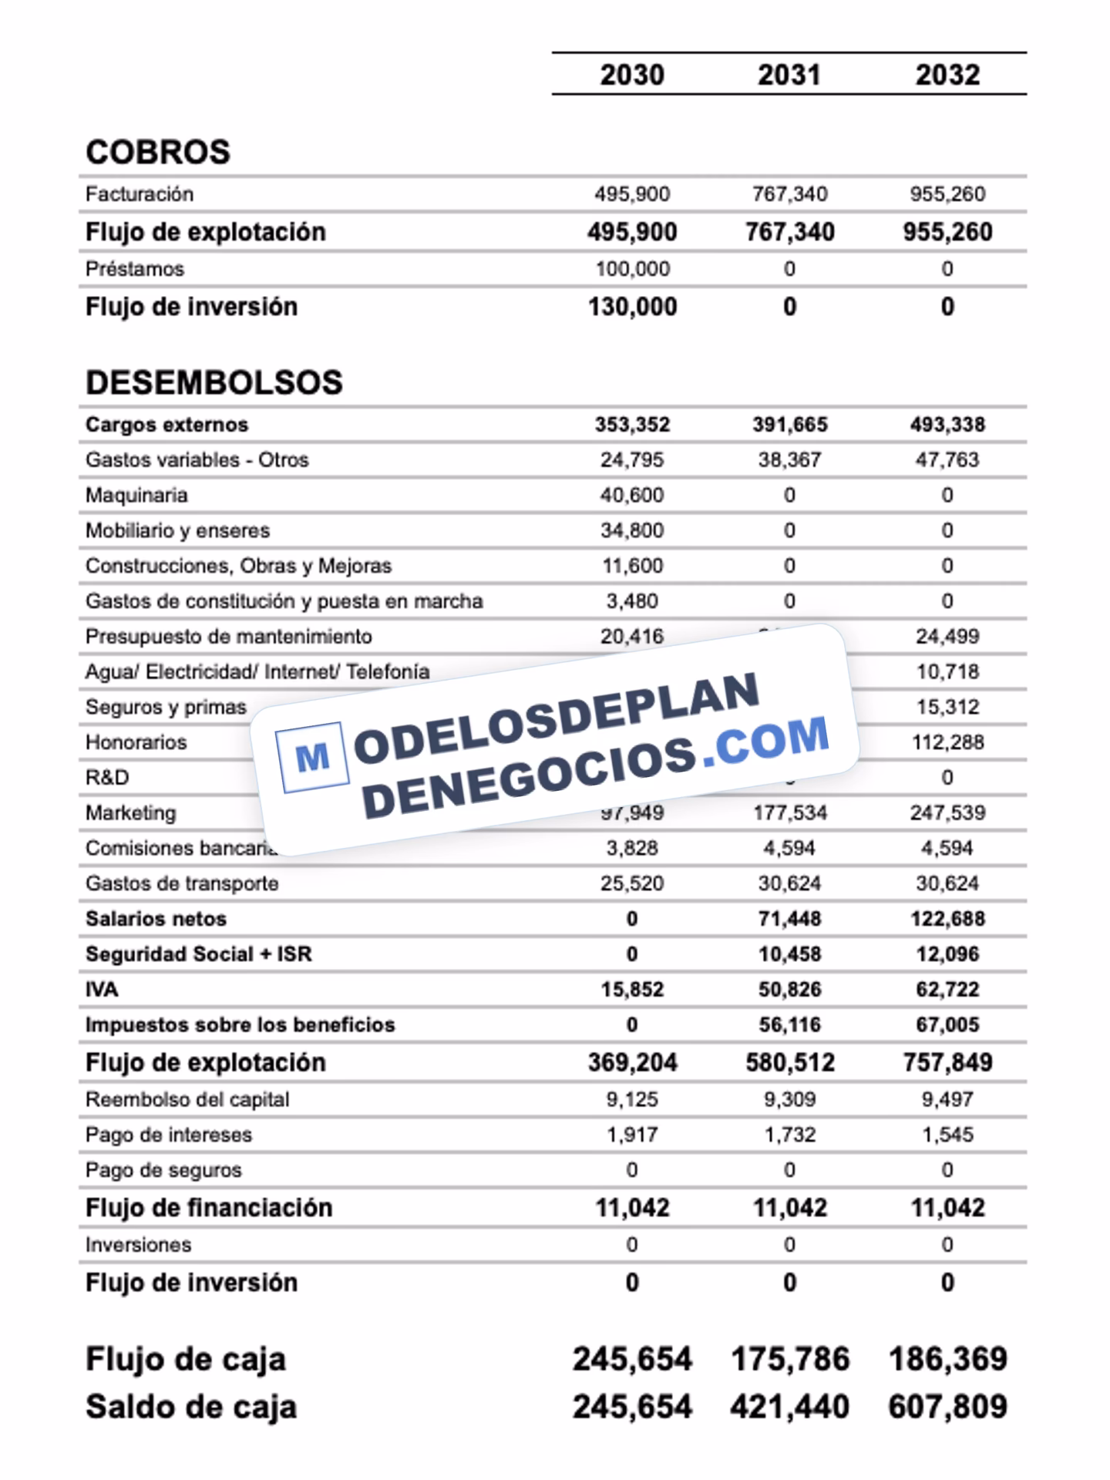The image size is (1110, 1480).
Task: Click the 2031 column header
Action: coord(789,75)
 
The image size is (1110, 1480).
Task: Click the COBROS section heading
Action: coord(158,152)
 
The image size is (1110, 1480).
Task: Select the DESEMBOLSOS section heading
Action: coord(214,382)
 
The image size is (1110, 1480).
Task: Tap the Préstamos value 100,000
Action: coord(632,269)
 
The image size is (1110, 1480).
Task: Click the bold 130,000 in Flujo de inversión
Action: coord(632,307)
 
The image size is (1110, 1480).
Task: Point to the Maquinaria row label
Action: coord(136,495)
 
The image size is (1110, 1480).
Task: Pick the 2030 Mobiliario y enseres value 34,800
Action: coord(632,530)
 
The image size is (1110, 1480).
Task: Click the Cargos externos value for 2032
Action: coord(947,425)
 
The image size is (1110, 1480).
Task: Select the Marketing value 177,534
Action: coord(789,812)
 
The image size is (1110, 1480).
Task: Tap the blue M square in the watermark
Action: coord(312,757)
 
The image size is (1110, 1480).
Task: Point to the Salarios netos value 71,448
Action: coord(789,919)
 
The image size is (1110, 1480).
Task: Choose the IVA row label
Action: coord(102,989)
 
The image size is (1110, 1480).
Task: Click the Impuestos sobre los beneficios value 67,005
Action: coord(947,1024)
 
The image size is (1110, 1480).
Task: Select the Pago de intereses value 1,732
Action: coord(789,1135)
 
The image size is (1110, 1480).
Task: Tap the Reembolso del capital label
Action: coord(187,1099)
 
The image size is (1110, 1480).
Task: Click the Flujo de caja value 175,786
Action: coord(789,1359)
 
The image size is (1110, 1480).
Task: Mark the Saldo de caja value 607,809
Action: coord(947,1407)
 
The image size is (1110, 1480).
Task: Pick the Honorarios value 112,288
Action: coord(947,742)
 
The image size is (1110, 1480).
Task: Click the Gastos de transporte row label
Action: coord(182,883)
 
